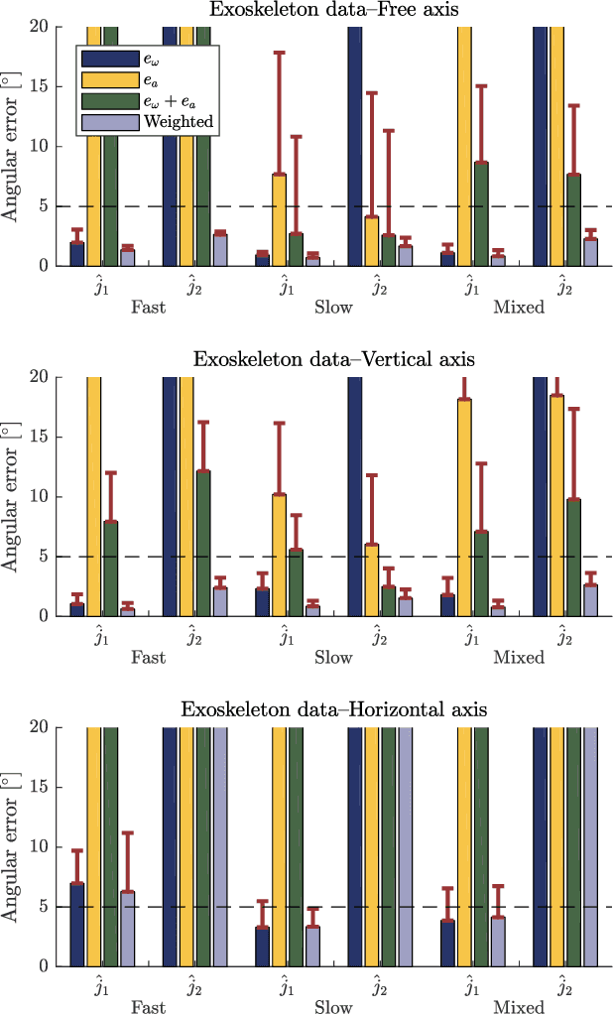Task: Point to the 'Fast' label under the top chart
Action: point(148,307)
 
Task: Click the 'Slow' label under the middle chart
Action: point(333,657)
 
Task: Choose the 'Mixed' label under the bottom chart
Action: point(519,1006)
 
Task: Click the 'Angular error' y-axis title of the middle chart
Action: point(13,496)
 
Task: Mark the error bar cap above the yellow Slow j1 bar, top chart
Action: point(280,52)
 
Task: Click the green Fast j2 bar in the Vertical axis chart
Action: point(203,544)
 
